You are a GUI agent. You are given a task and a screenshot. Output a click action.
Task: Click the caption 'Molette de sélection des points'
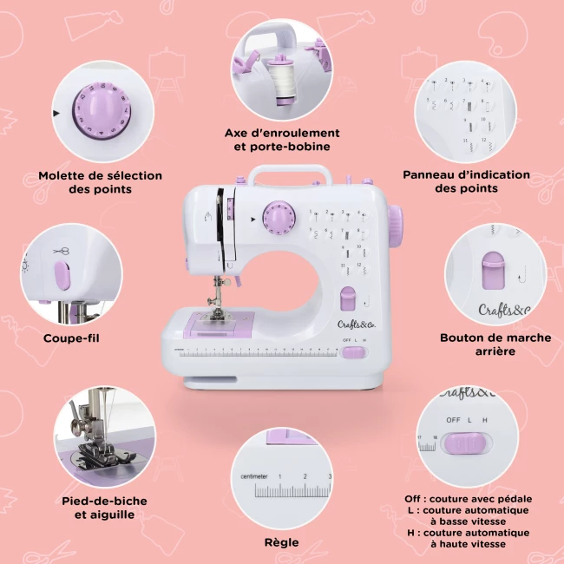tap(100, 181)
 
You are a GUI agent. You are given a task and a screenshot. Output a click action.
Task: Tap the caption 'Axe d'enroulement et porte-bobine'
tap(282, 140)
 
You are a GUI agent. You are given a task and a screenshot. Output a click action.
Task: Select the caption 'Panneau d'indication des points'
tap(466, 181)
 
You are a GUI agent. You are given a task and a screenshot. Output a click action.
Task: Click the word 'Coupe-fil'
tap(71, 338)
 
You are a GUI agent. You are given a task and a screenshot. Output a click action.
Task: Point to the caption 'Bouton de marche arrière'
tap(495, 344)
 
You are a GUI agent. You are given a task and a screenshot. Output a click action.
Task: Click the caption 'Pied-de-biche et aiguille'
tap(104, 508)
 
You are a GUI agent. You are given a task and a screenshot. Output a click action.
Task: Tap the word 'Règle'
tap(281, 542)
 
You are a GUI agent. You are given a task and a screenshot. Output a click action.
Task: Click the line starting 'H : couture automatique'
tap(469, 533)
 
